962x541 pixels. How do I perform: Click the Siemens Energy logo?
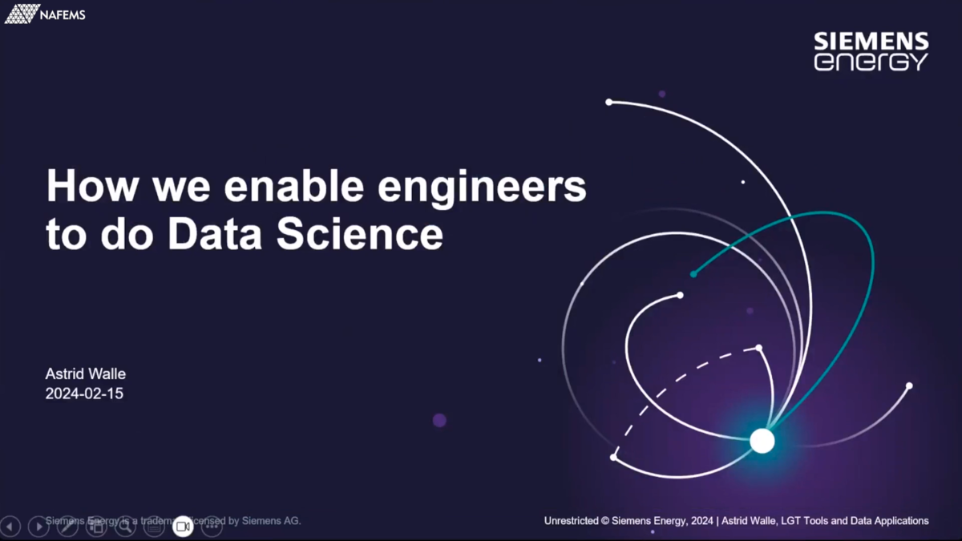pos(871,51)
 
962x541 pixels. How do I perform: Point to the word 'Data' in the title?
pos(216,234)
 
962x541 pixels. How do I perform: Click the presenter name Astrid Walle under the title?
pos(86,374)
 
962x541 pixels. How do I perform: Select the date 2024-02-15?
pos(84,394)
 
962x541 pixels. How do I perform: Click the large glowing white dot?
pos(762,440)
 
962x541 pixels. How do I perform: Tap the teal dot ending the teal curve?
pos(693,274)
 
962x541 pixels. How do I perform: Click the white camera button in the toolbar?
pos(183,526)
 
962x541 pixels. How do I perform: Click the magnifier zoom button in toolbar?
pos(125,526)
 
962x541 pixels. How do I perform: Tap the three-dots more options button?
pos(212,526)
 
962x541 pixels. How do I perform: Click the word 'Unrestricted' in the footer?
pos(571,521)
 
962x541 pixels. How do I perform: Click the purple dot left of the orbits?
pos(439,420)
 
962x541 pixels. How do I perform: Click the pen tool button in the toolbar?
pos(67,526)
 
